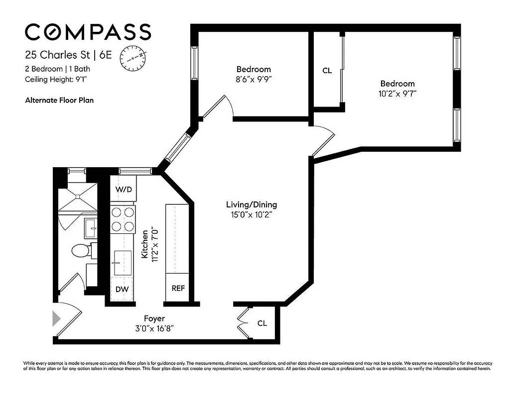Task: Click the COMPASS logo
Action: pyautogui.click(x=88, y=32)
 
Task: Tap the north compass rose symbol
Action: pyautogui.click(x=133, y=57)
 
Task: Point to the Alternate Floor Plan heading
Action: pyautogui.click(x=59, y=100)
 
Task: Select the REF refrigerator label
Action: pyautogui.click(x=178, y=288)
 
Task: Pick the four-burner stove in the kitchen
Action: pyautogui.click(x=123, y=219)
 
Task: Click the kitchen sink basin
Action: pyautogui.click(x=120, y=262)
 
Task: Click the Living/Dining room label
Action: pyautogui.click(x=252, y=204)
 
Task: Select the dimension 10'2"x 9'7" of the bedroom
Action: pyautogui.click(x=397, y=93)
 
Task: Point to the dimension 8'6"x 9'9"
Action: pyautogui.click(x=254, y=79)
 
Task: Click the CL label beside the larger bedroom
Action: pyautogui.click(x=327, y=71)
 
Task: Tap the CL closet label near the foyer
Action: pyautogui.click(x=262, y=323)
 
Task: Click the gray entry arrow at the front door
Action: pyautogui.click(x=56, y=318)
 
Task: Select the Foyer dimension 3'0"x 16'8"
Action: pyautogui.click(x=154, y=328)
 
